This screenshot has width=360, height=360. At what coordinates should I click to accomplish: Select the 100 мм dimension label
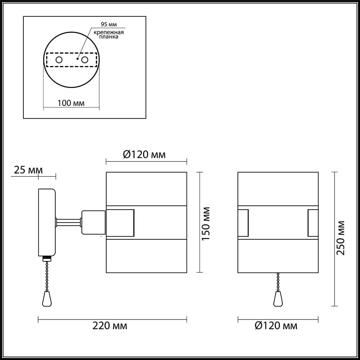[x=71, y=103]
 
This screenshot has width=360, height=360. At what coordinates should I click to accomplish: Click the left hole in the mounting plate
[x=59, y=60]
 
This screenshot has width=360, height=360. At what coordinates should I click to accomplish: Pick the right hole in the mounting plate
[x=85, y=60]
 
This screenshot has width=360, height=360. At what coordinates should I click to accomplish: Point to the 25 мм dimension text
[x=28, y=170]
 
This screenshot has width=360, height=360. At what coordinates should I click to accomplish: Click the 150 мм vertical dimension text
[x=206, y=223]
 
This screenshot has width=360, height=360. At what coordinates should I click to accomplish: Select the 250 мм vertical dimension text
[x=340, y=238]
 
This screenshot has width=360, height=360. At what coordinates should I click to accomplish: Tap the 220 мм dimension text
[x=109, y=325]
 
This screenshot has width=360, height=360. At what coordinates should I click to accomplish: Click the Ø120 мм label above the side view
[x=144, y=154]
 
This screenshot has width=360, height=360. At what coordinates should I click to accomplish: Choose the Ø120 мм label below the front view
[x=276, y=325]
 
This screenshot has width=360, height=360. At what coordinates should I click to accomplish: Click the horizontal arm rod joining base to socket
[x=68, y=222]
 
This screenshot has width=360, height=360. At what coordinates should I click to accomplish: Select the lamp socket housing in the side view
[x=93, y=222]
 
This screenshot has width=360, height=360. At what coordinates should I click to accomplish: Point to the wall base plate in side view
[x=47, y=222]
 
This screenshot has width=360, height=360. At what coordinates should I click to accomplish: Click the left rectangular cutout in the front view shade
[x=243, y=223]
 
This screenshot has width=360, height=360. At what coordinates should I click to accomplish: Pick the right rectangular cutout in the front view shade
[x=313, y=223]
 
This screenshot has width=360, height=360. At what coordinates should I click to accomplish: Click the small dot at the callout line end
[x=77, y=59]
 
